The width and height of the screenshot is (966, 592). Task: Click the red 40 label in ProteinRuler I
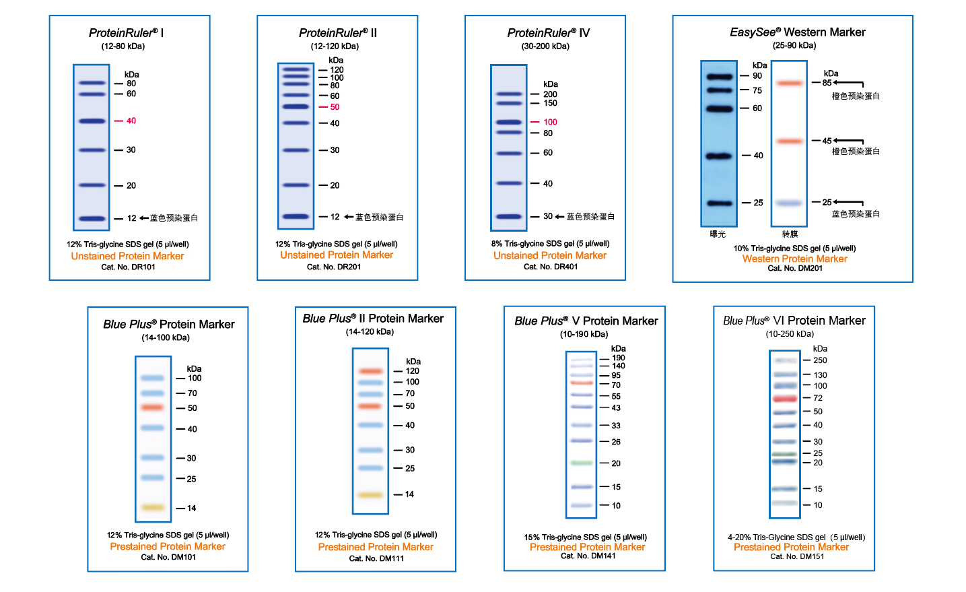point(131,121)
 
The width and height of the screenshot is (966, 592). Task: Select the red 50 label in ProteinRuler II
point(335,107)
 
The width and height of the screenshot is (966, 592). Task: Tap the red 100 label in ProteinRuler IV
point(550,122)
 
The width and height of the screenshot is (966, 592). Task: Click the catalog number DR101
point(129,267)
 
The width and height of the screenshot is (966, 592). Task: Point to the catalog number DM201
point(795,269)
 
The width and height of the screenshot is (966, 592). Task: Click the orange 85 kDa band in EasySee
point(789,84)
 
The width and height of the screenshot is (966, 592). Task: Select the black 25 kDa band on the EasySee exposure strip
point(719,203)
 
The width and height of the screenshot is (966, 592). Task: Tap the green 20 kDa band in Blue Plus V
point(582,463)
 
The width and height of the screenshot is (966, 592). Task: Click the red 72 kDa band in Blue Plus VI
point(785,399)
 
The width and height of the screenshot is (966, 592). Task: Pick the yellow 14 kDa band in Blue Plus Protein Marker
point(153,507)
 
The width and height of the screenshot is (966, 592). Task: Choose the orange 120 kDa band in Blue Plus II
point(370,371)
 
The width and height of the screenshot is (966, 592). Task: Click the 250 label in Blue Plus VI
point(820,360)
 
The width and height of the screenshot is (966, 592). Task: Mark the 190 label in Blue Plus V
point(618,358)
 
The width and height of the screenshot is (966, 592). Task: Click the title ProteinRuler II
point(338,33)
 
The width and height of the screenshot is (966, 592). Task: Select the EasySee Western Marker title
point(798,32)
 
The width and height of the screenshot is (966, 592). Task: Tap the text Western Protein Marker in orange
point(794,259)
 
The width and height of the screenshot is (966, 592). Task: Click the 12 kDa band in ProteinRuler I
point(92,218)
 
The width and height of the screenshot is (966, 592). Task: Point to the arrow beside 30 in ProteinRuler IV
point(559,217)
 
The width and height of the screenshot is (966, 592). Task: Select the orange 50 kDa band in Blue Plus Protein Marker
point(153,407)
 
